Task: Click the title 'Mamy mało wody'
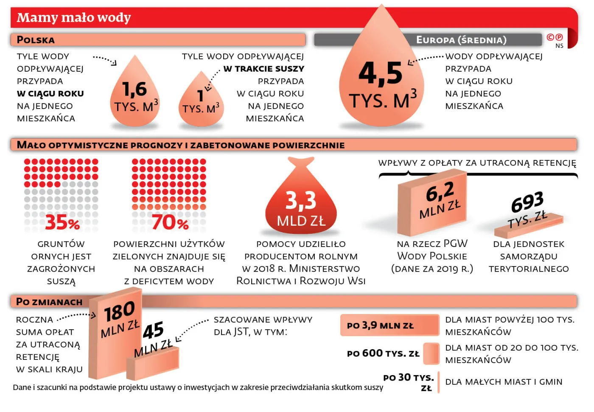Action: [x=74, y=18]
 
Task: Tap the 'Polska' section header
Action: [x=36, y=40]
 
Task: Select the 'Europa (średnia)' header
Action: [x=461, y=40]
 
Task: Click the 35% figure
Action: [x=62, y=222]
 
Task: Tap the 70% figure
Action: [x=170, y=222]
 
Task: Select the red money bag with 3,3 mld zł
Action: [x=301, y=204]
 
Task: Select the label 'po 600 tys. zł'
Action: [x=383, y=353]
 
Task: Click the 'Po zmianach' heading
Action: [x=49, y=302]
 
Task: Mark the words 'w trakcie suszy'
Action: [x=263, y=69]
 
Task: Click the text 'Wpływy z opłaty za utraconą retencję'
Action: [x=477, y=163]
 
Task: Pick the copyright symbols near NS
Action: [x=555, y=37]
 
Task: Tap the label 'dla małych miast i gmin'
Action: [x=504, y=382]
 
